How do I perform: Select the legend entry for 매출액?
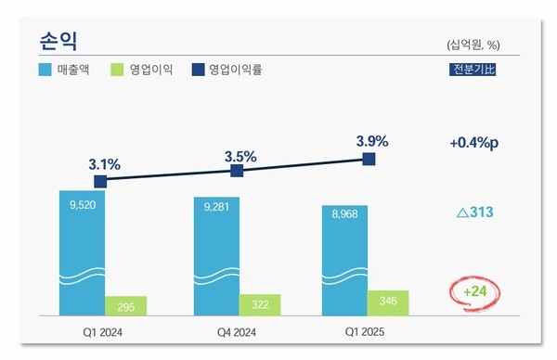[x=65, y=69]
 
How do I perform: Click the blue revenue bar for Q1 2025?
[x=345, y=260]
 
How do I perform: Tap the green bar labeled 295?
[x=125, y=306]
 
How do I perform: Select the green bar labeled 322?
[x=259, y=304]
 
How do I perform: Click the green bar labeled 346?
[x=388, y=302]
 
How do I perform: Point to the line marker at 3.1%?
[x=100, y=182]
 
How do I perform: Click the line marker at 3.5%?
[x=237, y=172]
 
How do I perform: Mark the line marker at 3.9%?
[x=369, y=160]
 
